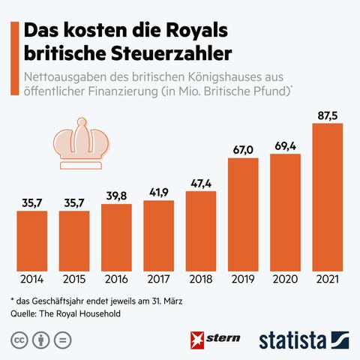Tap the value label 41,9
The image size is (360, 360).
(158, 191)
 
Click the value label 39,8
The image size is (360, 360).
(116, 195)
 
